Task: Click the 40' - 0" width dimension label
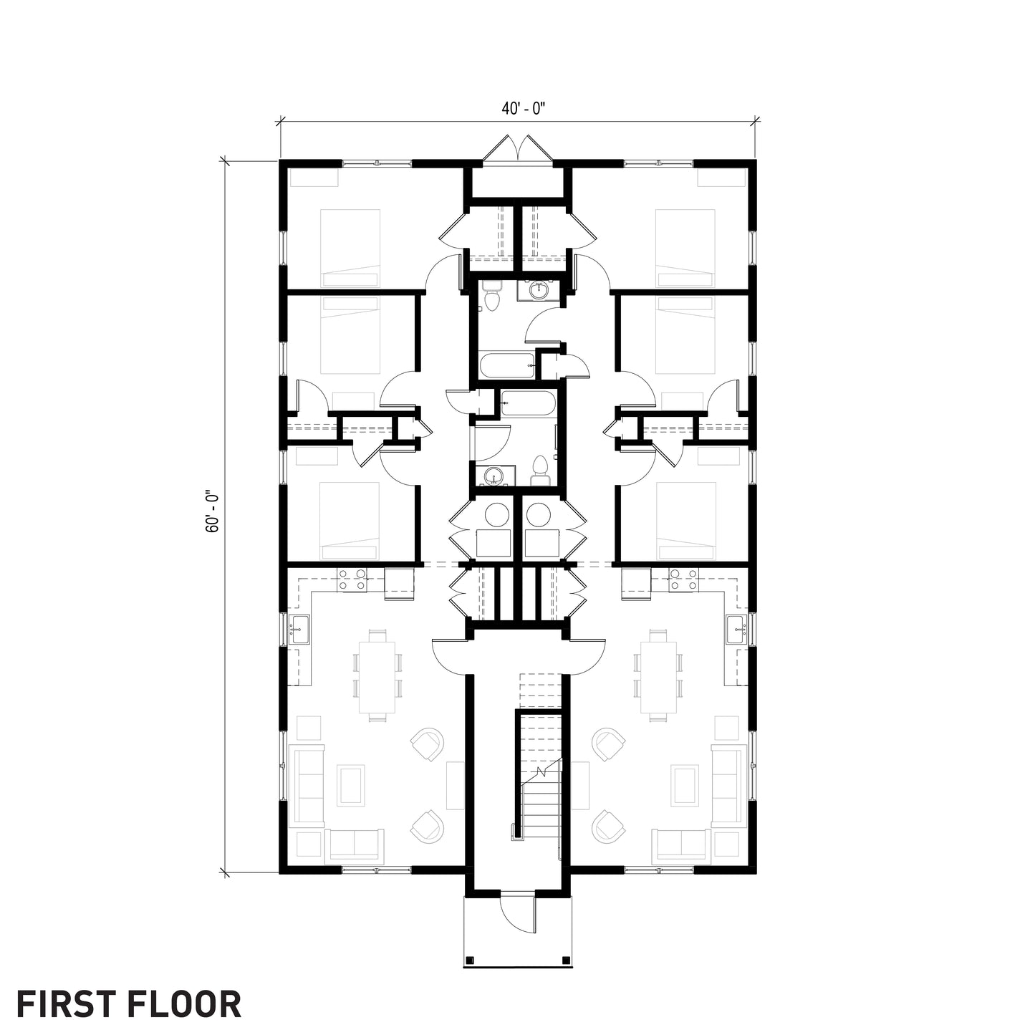click(x=524, y=109)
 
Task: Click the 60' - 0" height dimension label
click(x=212, y=511)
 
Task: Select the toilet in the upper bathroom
click(x=491, y=297)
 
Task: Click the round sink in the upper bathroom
click(x=538, y=290)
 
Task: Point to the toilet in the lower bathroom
click(x=541, y=468)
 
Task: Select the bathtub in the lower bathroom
click(x=527, y=403)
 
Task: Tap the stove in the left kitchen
click(x=352, y=579)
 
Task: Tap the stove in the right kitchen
click(x=683, y=579)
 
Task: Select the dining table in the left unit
click(x=377, y=675)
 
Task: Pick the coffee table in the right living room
click(x=684, y=784)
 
